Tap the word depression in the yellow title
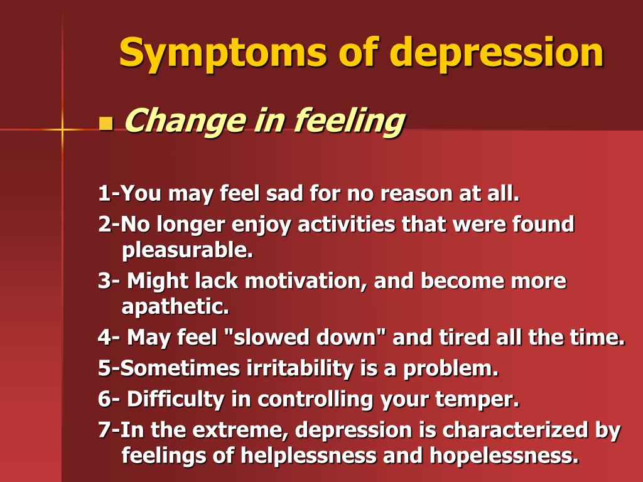click(496, 53)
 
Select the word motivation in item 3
click(306, 282)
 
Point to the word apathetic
click(175, 306)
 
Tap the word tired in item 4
click(464, 337)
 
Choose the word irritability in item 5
click(300, 368)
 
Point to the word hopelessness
click(504, 456)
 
